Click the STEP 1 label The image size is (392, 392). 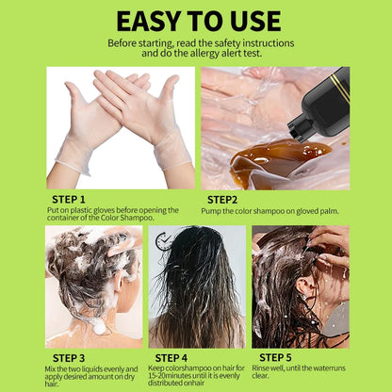coord(68,199)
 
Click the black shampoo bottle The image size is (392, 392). coord(325,104)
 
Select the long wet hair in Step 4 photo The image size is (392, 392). coord(197,292)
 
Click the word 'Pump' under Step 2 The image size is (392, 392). coord(210,211)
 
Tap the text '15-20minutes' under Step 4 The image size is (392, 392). coord(175,376)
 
